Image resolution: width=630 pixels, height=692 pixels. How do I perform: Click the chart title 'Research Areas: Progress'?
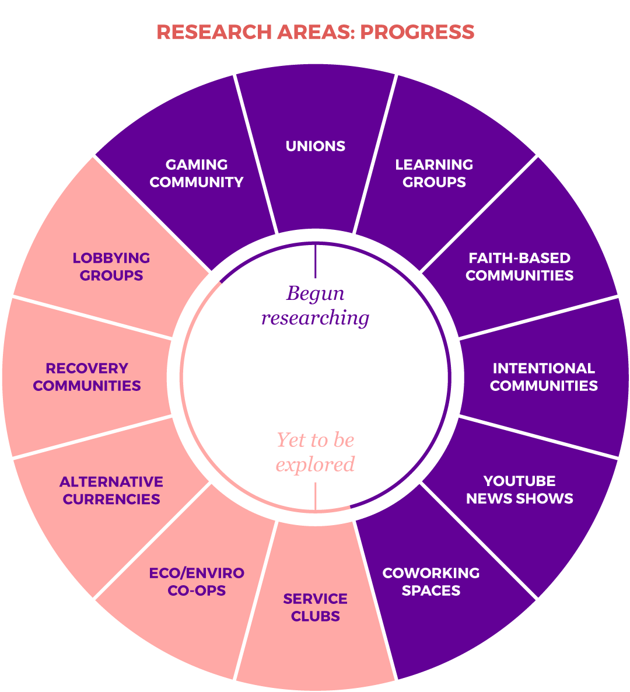pos(315,32)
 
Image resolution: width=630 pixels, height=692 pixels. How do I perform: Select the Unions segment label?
pos(315,146)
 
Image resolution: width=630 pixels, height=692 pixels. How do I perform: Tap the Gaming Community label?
pos(197,173)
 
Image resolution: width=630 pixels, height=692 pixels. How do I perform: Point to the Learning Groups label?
pos(434,173)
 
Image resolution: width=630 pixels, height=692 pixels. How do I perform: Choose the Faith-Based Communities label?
pos(519,267)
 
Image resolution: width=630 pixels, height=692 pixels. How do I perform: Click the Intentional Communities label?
pos(544,377)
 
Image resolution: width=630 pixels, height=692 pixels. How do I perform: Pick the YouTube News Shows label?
pos(519,490)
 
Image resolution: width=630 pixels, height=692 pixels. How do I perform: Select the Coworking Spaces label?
pos(431,582)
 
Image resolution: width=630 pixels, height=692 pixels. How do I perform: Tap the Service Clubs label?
pos(315,607)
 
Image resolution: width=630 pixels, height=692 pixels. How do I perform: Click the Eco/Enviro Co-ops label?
pos(197,582)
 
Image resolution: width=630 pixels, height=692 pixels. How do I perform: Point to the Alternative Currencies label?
pos(111,490)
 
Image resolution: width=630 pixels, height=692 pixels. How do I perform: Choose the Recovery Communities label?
pos(87,377)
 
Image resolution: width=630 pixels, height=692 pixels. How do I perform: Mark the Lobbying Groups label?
pos(111,267)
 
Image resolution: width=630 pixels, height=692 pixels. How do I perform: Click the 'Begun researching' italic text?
pos(315,305)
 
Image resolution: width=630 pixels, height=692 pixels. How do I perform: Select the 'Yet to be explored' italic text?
pos(315,452)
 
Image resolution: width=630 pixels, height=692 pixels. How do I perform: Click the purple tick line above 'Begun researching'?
pos(315,261)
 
